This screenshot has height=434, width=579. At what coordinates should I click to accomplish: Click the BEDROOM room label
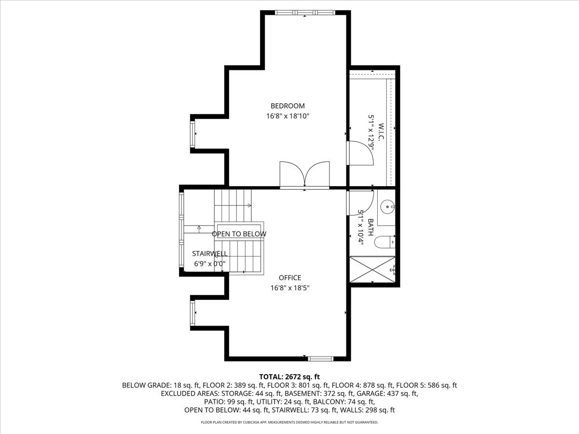[288, 106]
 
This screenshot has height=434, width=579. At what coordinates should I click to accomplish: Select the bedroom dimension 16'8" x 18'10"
[288, 116]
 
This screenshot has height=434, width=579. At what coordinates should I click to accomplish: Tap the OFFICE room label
[290, 278]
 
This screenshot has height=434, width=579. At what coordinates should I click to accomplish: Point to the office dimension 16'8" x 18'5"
[290, 288]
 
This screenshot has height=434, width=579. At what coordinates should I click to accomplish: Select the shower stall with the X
[372, 269]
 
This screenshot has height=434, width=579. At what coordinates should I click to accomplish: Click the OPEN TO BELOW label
[239, 234]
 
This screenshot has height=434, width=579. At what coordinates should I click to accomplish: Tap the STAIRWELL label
[209, 254]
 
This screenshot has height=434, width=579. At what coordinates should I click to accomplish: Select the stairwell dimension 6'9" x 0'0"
[209, 263]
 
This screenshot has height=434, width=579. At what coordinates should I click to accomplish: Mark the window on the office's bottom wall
[321, 358]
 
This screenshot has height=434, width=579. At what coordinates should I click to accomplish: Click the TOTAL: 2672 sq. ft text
[289, 377]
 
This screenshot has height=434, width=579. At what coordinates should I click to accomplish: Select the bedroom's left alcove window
[193, 134]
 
